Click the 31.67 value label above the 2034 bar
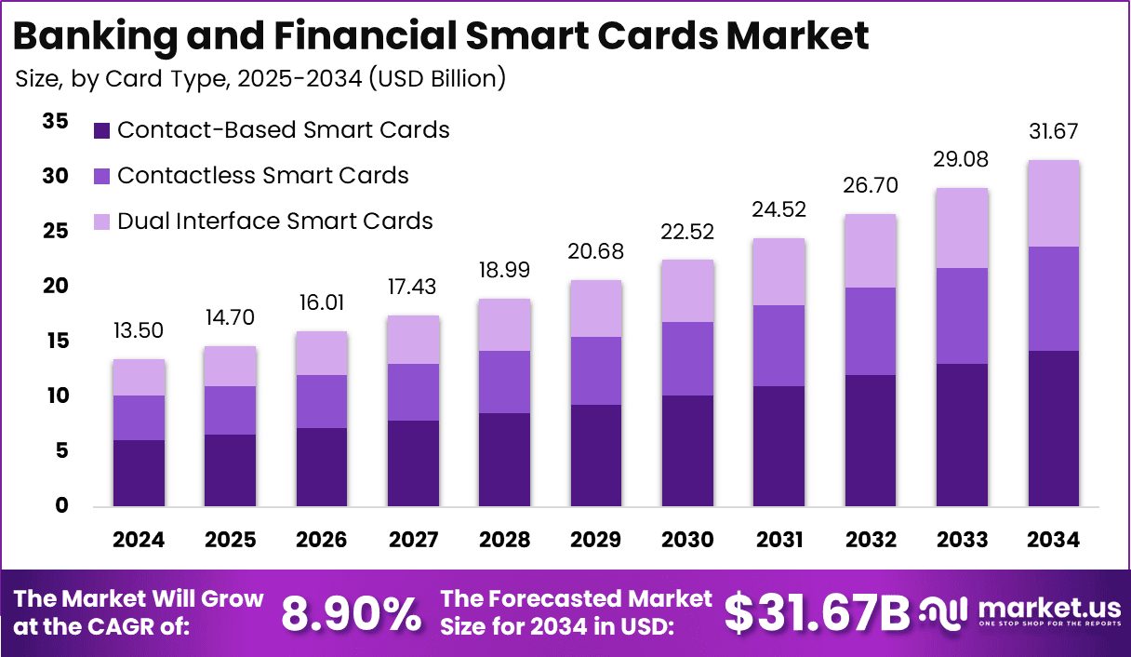(1054, 131)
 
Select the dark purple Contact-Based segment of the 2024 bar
(140, 473)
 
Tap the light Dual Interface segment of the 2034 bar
(1054, 203)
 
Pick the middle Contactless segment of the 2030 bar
(687, 358)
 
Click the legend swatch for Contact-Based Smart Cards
(102, 130)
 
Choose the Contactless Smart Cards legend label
(262, 175)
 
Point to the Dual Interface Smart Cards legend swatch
(102, 221)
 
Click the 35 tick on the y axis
(55, 121)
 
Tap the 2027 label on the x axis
(414, 541)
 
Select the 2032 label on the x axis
(871, 541)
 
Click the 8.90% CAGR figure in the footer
(351, 613)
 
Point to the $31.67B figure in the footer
(818, 613)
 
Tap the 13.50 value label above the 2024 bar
(140, 331)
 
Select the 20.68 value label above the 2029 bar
(596, 252)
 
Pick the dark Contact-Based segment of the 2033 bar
(962, 435)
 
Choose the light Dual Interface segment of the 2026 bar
(322, 354)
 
